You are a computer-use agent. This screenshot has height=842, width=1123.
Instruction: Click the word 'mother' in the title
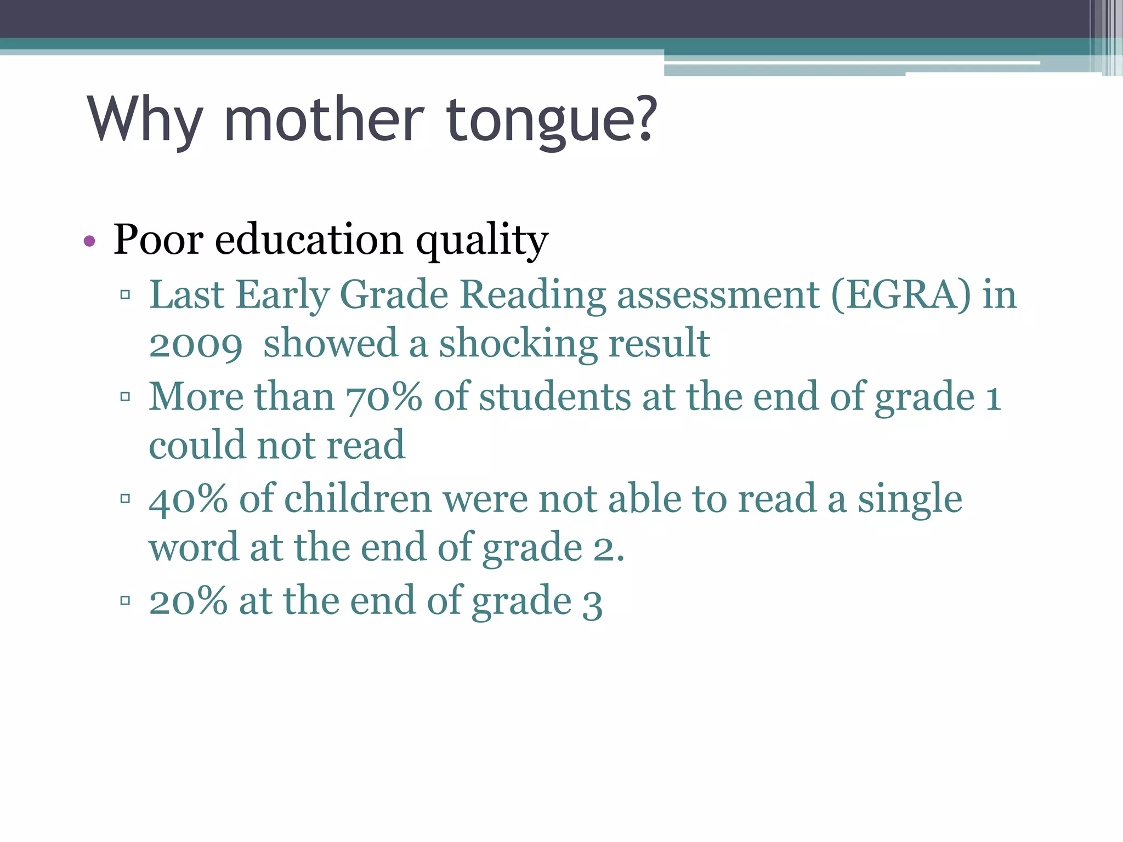pos(324,119)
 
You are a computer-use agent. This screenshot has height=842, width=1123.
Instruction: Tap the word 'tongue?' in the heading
pos(552,121)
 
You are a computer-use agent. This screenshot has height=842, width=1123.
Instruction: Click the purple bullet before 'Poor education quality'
pos(90,241)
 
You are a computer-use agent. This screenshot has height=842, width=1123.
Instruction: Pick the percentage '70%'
pos(384,397)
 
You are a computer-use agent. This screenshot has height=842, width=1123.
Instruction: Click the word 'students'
pos(554,397)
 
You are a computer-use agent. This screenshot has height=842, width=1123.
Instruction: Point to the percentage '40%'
pos(188,499)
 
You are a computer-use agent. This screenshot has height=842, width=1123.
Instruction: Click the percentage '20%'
pos(188,602)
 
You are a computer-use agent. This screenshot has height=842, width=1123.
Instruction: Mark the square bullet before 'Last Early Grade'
pos(125,295)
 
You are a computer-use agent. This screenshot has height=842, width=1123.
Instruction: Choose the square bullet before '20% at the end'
pos(125,601)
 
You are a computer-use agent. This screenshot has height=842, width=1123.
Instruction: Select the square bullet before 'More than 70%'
pos(125,396)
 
